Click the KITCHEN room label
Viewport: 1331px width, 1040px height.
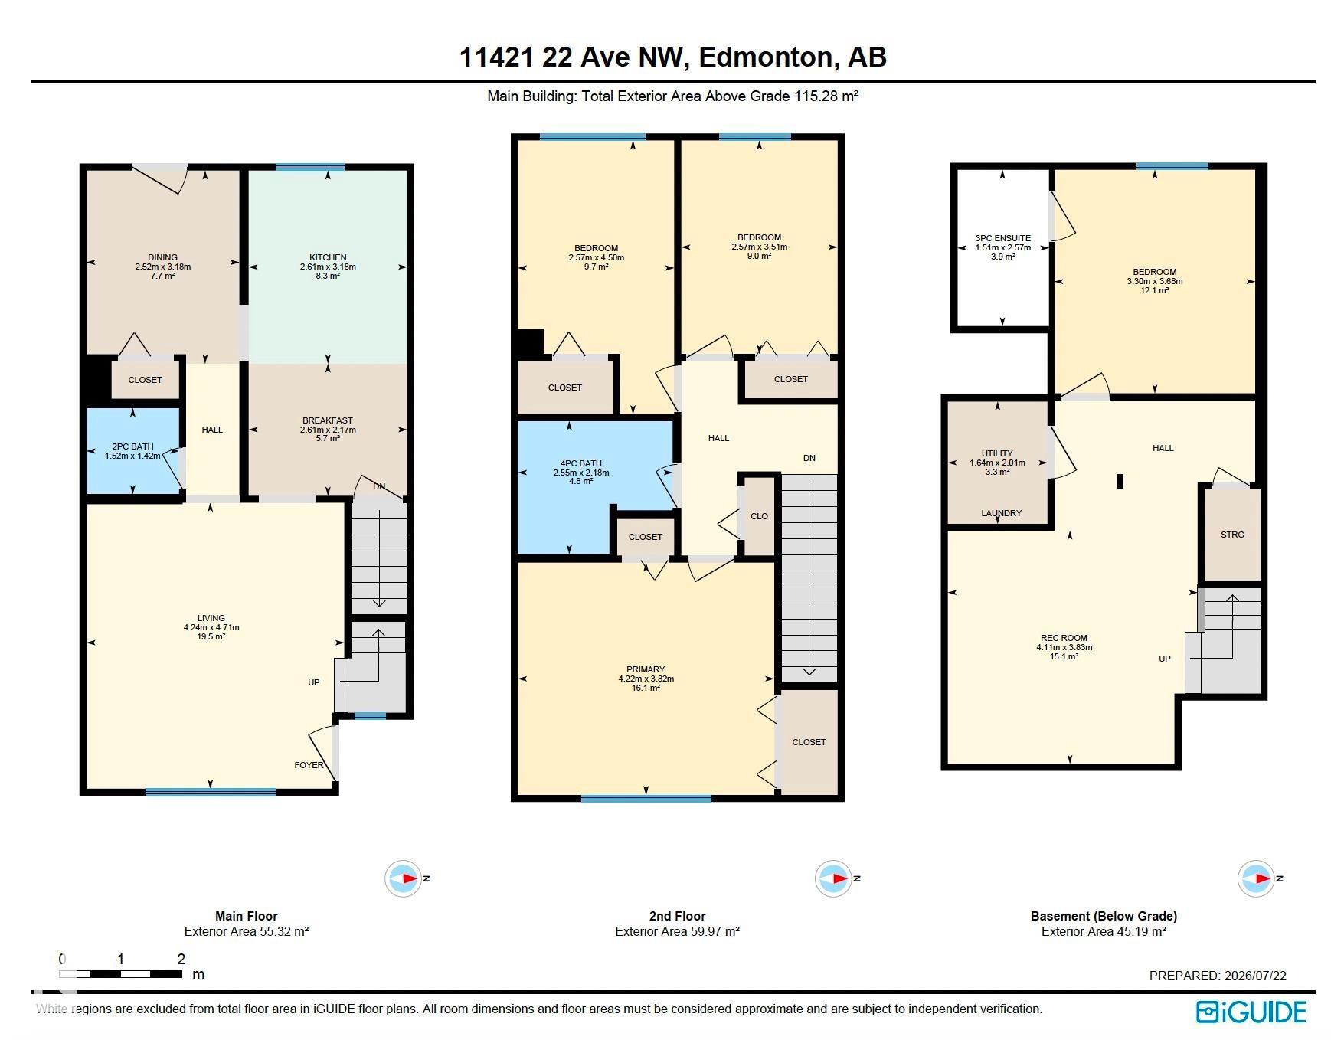tap(328, 257)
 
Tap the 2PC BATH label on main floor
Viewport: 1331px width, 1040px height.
tap(132, 446)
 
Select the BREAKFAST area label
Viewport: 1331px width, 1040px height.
tap(328, 420)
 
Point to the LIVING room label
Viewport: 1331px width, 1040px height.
tap(211, 618)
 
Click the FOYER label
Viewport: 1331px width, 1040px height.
tap(309, 765)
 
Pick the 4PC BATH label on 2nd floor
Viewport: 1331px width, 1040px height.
tap(581, 463)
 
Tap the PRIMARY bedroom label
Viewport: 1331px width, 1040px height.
tap(646, 669)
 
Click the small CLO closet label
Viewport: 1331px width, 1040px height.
tap(759, 516)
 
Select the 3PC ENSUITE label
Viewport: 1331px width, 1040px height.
tap(1003, 238)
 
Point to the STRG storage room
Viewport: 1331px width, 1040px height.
tap(1232, 535)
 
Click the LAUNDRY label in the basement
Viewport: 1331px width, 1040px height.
tap(1002, 513)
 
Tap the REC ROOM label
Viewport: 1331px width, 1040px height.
tap(1064, 638)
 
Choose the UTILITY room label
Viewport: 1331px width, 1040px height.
tap(997, 453)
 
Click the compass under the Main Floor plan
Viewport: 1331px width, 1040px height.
tap(403, 878)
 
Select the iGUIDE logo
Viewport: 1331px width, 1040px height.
tap(1251, 1012)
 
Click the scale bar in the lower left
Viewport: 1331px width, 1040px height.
tap(121, 974)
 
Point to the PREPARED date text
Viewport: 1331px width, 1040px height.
tap(1218, 976)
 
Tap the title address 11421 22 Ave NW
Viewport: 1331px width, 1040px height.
tap(570, 57)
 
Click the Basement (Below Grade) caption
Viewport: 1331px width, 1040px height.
tap(1104, 916)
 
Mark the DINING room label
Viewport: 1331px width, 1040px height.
tap(162, 257)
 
